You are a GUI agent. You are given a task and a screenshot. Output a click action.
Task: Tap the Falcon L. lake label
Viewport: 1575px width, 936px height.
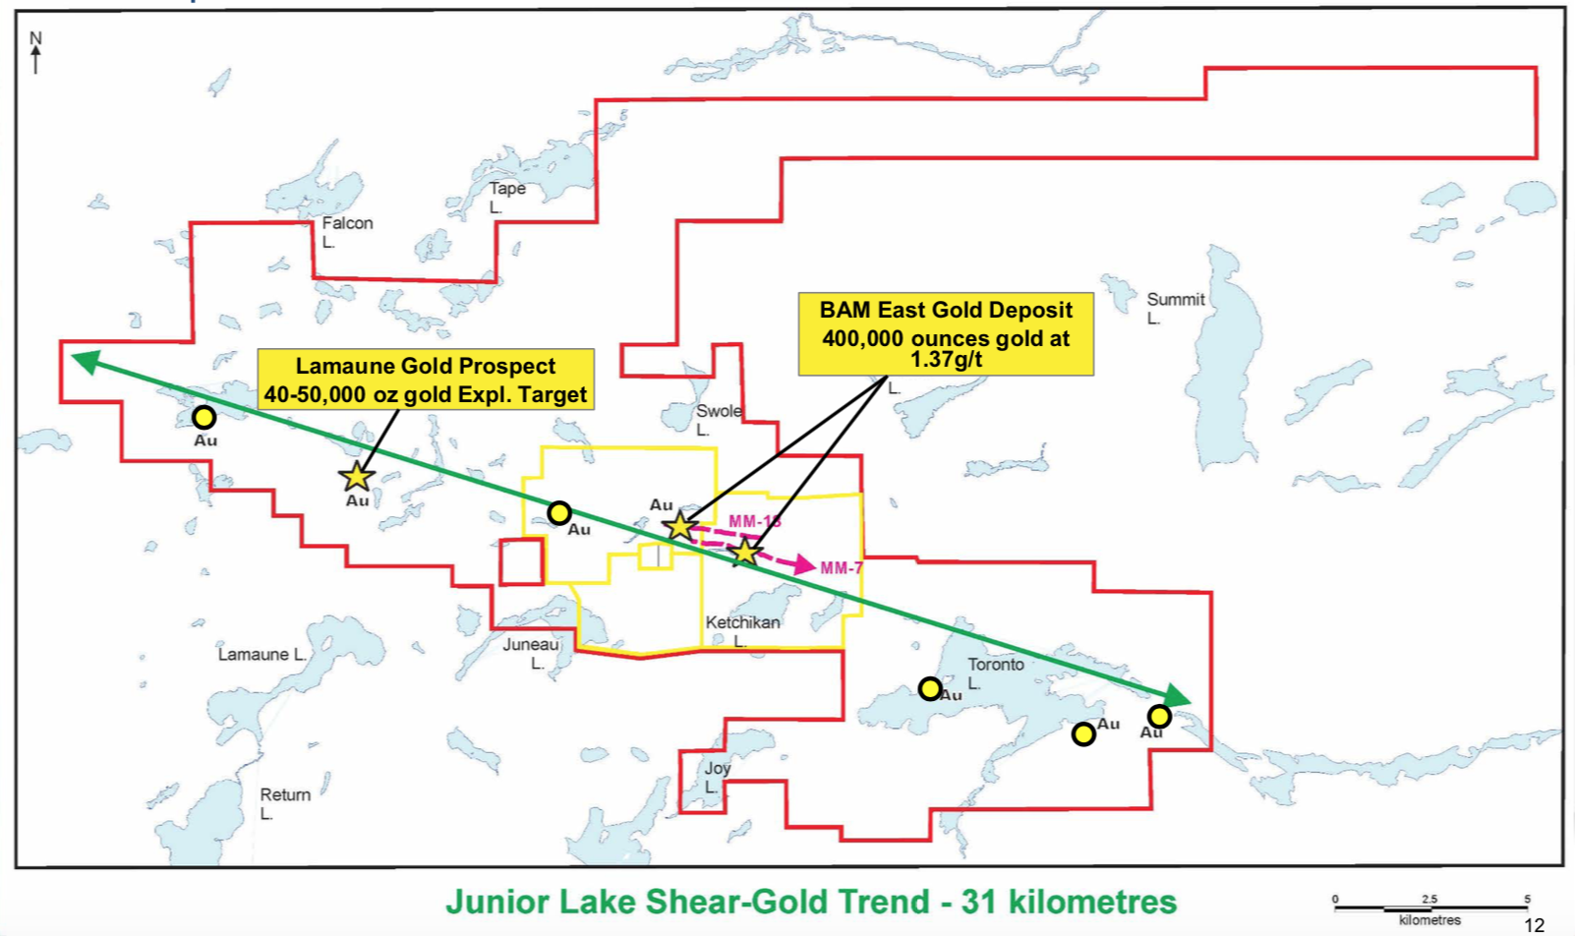pyautogui.click(x=346, y=232)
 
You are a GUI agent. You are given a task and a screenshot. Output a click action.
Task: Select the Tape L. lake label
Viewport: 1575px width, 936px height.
pyautogui.click(x=507, y=197)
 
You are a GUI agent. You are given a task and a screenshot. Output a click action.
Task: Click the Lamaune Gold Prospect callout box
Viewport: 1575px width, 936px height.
pyautogui.click(x=426, y=380)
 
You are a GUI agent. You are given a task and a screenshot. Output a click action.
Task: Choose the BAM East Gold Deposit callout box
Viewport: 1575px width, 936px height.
pyautogui.click(x=946, y=334)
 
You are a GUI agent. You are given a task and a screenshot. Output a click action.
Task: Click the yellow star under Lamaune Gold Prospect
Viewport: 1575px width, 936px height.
pyautogui.click(x=356, y=477)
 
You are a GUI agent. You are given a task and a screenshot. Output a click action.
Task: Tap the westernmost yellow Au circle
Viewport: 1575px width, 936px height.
pyautogui.click(x=204, y=418)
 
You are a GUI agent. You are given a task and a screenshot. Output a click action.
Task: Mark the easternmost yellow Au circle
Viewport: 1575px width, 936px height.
pyautogui.click(x=1160, y=716)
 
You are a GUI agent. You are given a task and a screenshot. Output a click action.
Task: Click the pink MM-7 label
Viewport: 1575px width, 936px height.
pyautogui.click(x=842, y=568)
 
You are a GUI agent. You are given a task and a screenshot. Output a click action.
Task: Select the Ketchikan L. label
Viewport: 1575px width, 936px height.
pyautogui.click(x=742, y=630)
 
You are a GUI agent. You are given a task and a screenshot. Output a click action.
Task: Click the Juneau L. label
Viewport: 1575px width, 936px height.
pyautogui.click(x=531, y=653)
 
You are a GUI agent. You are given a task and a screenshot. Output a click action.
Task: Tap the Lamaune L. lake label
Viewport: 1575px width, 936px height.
pyautogui.click(x=262, y=655)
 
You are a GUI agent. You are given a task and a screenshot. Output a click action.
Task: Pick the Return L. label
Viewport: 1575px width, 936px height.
pyautogui.click(x=284, y=803)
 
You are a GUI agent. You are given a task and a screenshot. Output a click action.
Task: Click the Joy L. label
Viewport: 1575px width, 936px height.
pyautogui.click(x=717, y=777)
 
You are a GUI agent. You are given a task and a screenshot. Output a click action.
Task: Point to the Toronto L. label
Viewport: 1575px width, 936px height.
pyautogui.click(x=995, y=673)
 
